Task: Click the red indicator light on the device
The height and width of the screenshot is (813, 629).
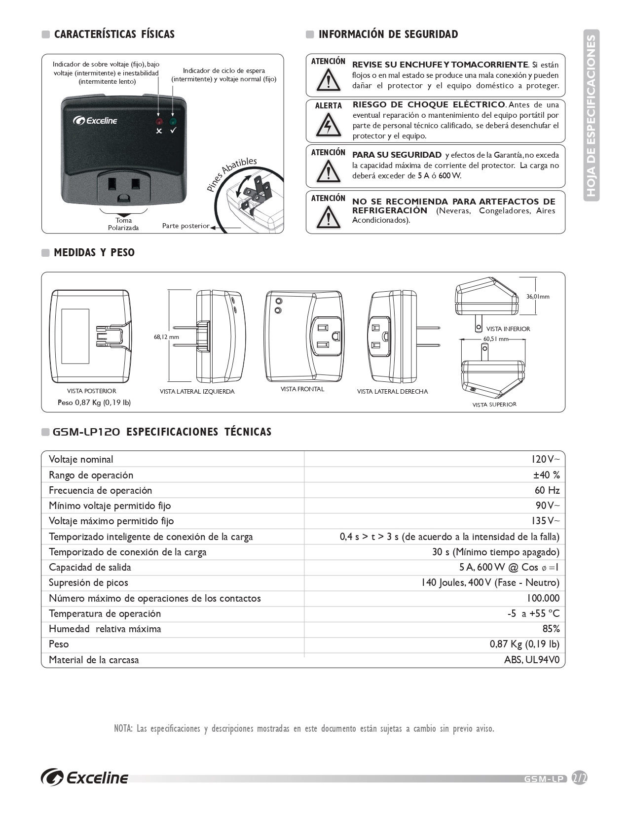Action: coord(159,121)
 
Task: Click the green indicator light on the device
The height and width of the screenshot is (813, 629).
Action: coord(173,121)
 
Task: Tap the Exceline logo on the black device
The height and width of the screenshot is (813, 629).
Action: coord(95,120)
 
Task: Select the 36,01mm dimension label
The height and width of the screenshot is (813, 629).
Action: coord(537,297)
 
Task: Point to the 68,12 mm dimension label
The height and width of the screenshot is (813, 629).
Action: coord(166,337)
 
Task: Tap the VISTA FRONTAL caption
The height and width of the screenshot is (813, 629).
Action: coord(302,389)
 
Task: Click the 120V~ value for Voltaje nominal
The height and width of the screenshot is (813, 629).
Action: coord(545,460)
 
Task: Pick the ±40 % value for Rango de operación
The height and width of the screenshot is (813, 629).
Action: coord(546,475)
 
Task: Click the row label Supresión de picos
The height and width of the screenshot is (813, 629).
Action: coord(88,583)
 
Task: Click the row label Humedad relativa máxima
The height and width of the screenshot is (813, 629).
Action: coord(105,629)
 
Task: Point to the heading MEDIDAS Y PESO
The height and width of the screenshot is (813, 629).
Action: coord(94,253)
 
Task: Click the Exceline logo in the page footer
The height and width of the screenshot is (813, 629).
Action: coord(85,778)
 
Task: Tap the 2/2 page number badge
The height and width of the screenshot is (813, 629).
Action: coord(579,778)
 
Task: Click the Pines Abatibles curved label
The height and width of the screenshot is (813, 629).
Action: coord(231,174)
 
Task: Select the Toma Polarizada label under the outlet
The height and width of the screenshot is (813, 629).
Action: coord(123,224)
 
